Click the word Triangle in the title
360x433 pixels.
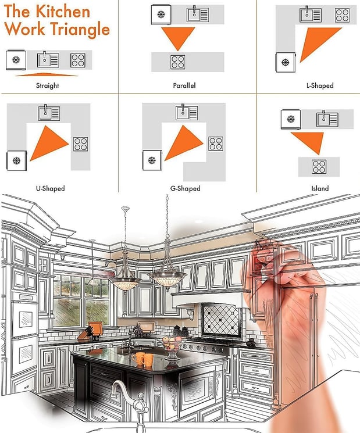point(80,30)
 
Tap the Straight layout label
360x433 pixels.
point(48,85)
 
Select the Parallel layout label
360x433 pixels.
point(184,85)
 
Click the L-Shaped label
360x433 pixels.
point(320,85)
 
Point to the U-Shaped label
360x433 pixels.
point(50,188)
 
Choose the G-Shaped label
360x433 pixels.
point(186,188)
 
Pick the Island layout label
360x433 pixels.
point(320,188)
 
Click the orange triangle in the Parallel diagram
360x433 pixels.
point(178,37)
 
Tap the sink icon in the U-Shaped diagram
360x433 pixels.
point(49,113)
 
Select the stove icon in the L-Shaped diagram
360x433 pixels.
point(343,15)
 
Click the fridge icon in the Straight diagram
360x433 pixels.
point(16,60)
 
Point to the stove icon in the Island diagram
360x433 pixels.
point(319,167)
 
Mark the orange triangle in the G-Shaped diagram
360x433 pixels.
point(183,143)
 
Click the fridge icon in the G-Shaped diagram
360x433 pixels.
point(152,160)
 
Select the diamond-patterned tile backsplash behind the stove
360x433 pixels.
point(220,320)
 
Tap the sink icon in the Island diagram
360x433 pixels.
point(327,119)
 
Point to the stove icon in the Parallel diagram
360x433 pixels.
point(178,62)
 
